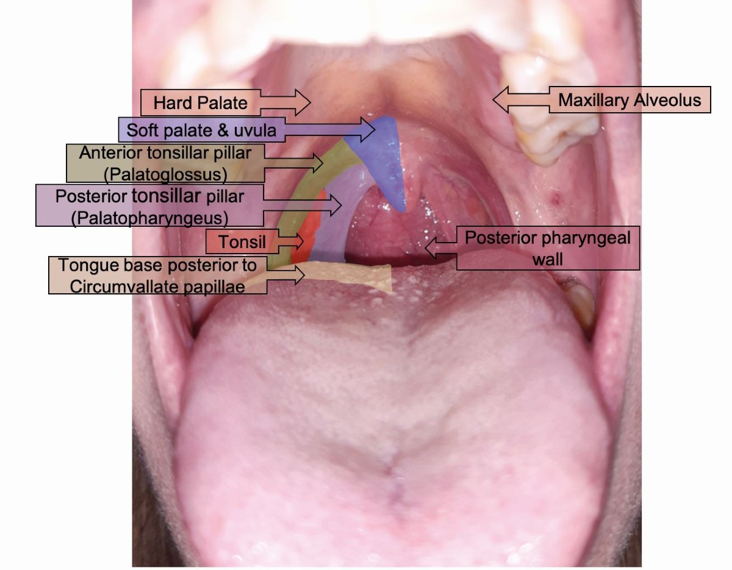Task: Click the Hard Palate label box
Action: pos(201,102)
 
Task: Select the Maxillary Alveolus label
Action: pos(629,100)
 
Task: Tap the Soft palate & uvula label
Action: pos(201,130)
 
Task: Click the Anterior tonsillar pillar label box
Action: pos(165,163)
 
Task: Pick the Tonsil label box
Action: pos(242,241)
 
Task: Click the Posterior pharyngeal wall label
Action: pos(548,249)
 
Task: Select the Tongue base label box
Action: pos(157,275)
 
